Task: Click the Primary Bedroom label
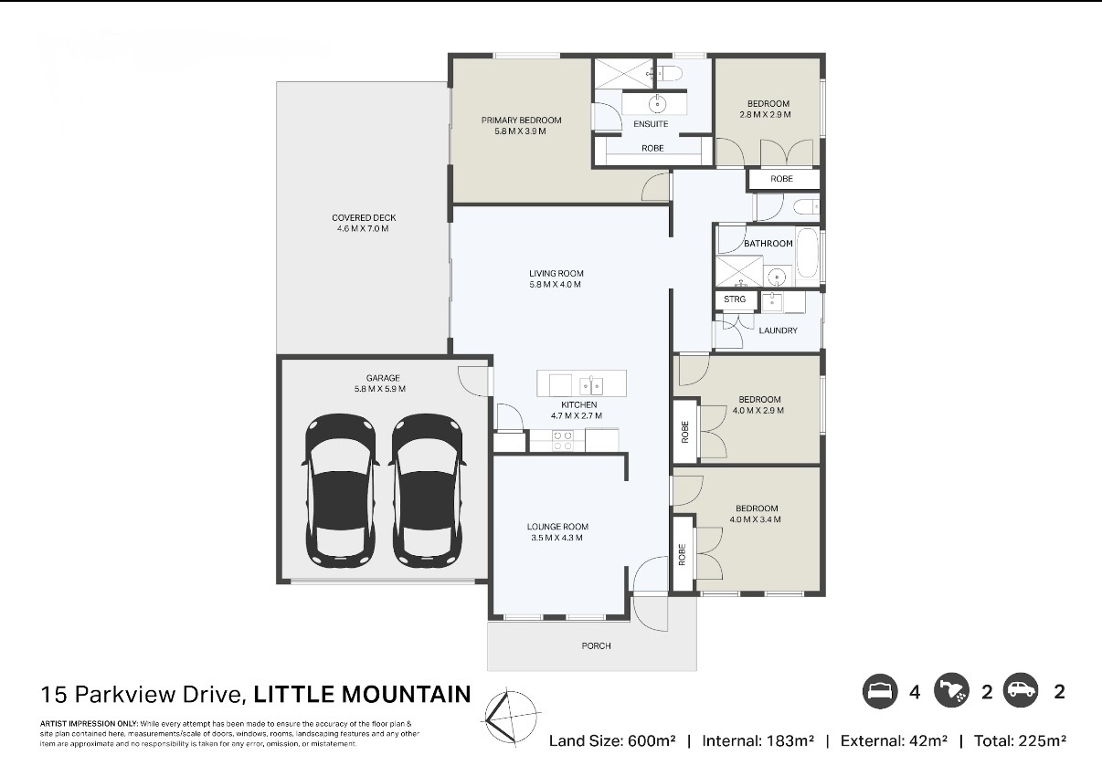[x=521, y=121]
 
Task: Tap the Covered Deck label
[x=364, y=217]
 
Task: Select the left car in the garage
[x=341, y=491]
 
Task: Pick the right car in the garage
[x=427, y=491]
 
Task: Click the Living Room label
[x=556, y=273]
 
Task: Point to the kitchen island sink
[x=591, y=385]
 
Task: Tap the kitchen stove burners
[x=562, y=440]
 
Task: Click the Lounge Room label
[x=557, y=527]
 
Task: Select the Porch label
[x=597, y=645]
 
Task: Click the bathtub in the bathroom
[x=807, y=253]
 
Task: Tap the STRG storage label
[x=735, y=299]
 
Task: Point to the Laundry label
[x=778, y=330]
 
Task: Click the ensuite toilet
[x=670, y=74]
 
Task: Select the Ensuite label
[x=651, y=124]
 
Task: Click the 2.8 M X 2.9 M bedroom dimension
[x=765, y=114]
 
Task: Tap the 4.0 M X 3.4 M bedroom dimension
[x=755, y=519]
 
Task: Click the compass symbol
[x=511, y=718]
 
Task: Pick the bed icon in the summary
[x=880, y=691]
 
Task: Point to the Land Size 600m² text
[x=612, y=740]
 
